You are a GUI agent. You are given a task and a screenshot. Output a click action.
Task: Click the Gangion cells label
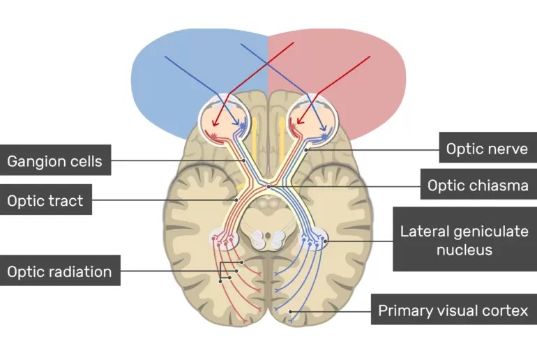(x=54, y=162)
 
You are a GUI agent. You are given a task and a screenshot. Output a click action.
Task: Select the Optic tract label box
(x=45, y=201)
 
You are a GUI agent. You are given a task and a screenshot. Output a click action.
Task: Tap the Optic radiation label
(x=59, y=271)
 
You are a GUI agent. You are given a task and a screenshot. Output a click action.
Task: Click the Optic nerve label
(x=487, y=148)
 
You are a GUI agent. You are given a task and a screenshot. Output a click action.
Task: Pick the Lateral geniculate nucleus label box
(x=464, y=239)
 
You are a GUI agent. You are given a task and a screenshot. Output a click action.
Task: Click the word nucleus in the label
(x=464, y=249)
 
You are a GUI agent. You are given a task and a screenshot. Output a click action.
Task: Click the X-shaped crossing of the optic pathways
(x=268, y=186)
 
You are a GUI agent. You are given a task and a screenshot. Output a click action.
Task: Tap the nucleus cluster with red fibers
(x=224, y=241)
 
